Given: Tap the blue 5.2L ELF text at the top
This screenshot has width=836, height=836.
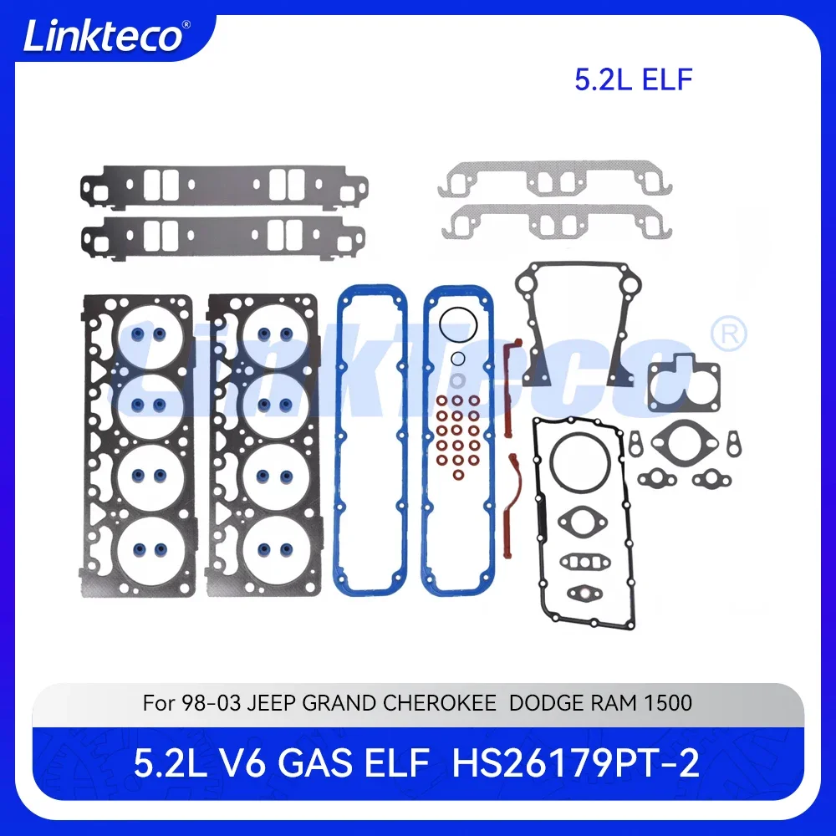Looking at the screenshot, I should (633, 79).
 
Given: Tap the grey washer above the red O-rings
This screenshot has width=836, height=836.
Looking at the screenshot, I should (458, 382).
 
